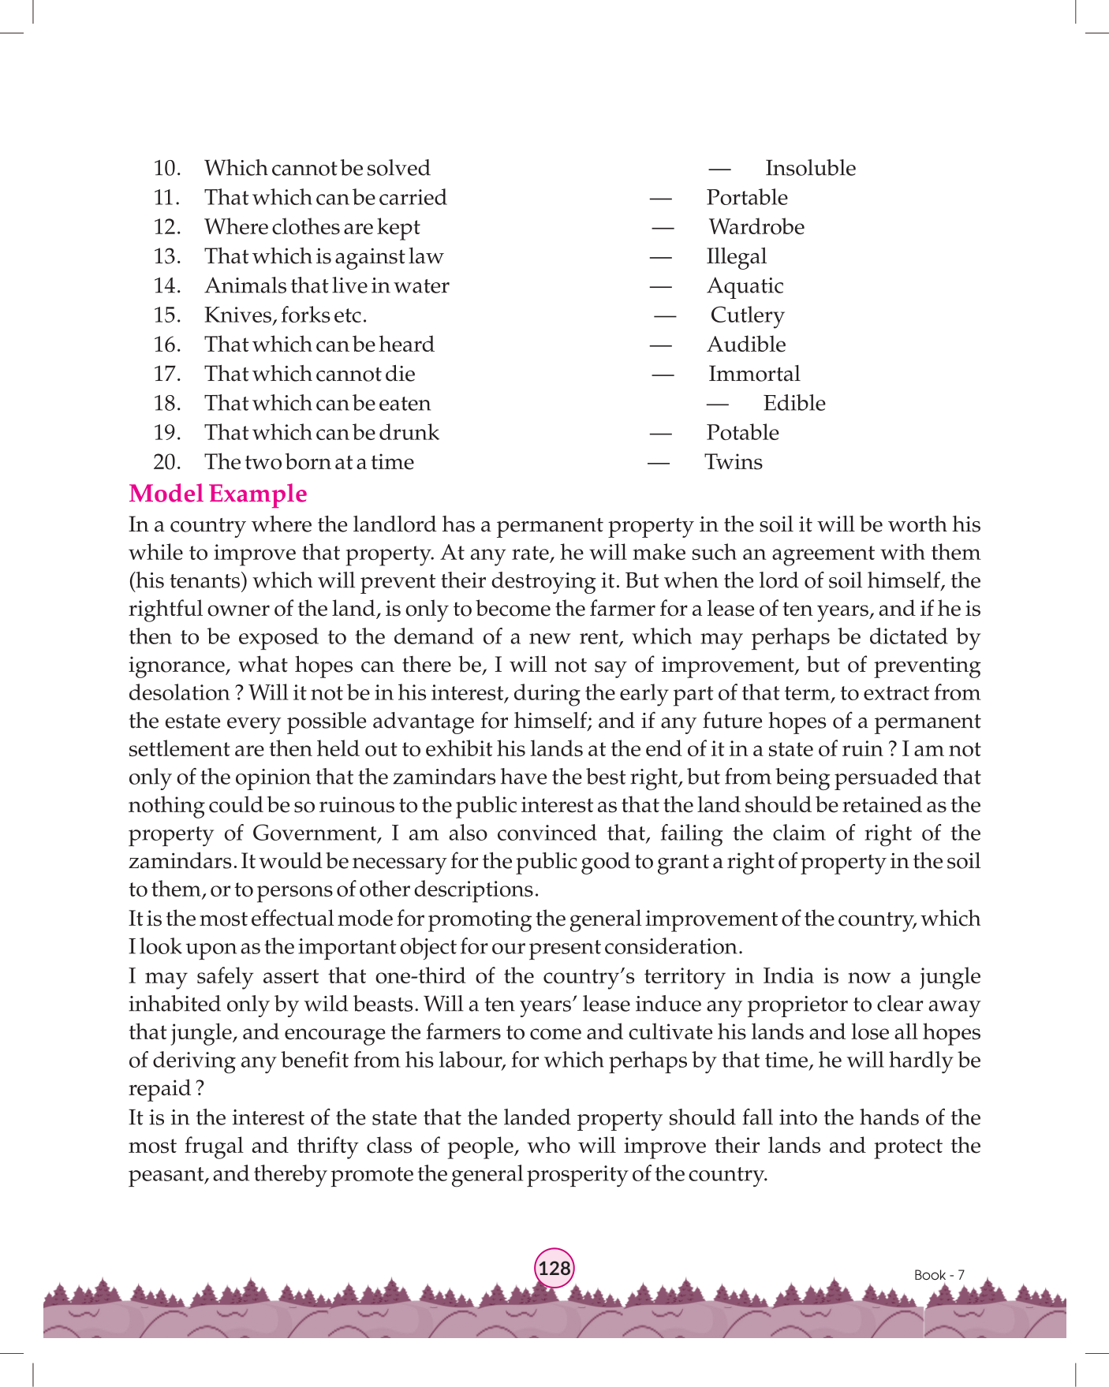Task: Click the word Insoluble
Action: (x=810, y=168)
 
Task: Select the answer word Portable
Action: (x=747, y=197)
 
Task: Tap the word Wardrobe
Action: (x=756, y=227)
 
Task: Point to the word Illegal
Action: (x=737, y=256)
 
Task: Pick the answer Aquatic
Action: (x=745, y=285)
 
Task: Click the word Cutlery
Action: (x=747, y=315)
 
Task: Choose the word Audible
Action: (x=746, y=345)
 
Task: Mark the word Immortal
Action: (x=754, y=374)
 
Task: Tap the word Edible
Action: (x=794, y=403)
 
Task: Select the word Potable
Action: (x=742, y=433)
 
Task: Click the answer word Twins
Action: (x=734, y=462)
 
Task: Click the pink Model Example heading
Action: (x=218, y=494)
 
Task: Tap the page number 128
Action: (x=554, y=1268)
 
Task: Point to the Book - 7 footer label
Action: (x=939, y=1275)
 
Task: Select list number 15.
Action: (x=166, y=315)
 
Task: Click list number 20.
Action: (x=166, y=462)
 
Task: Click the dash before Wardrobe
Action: (x=663, y=227)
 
